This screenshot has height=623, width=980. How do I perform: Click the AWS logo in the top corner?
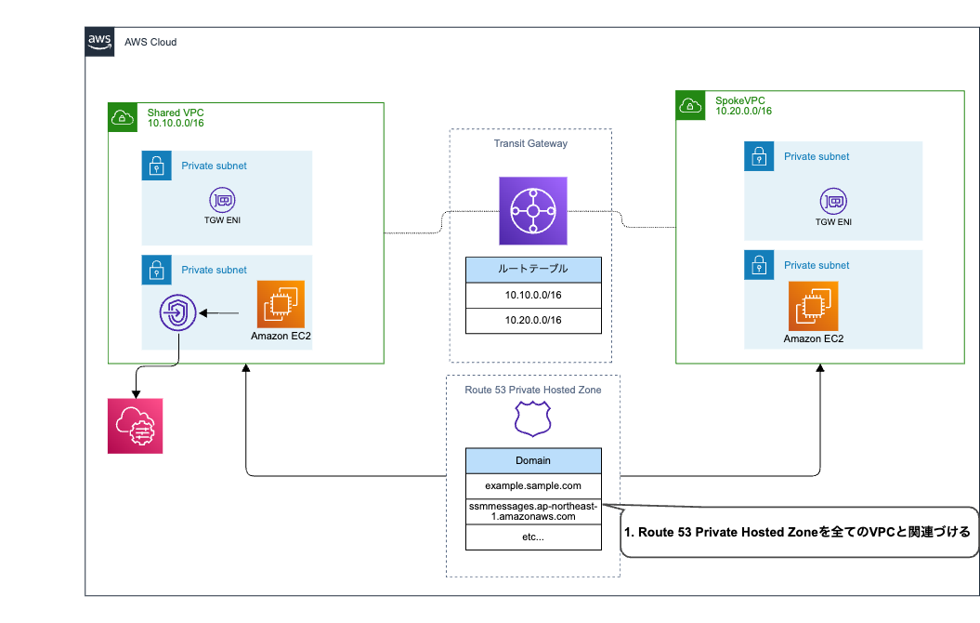coord(98,41)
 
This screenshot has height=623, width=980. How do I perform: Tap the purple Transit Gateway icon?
coord(532,211)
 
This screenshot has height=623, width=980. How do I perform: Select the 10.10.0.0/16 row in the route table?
coord(532,295)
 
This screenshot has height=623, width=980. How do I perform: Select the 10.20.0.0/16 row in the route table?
coord(532,321)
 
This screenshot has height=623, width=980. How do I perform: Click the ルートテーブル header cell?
coord(532,270)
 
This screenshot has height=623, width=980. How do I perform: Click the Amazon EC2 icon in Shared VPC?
coord(281,303)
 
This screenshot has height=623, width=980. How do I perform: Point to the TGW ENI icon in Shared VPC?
coord(222,199)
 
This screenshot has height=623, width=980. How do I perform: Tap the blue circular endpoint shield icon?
coord(177,314)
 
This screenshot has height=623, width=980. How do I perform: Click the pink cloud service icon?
coord(135,425)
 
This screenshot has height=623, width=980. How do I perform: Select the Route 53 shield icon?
coord(532,419)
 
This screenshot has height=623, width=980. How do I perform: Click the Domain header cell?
coord(532,460)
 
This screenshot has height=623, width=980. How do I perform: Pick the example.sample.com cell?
coord(532,485)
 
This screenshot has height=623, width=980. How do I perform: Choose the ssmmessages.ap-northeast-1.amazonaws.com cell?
coord(532,510)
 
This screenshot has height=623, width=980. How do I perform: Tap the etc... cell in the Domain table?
coord(532,537)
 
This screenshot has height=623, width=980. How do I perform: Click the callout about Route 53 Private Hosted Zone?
coord(799,533)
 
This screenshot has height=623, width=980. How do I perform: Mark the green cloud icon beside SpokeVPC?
coord(690,105)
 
